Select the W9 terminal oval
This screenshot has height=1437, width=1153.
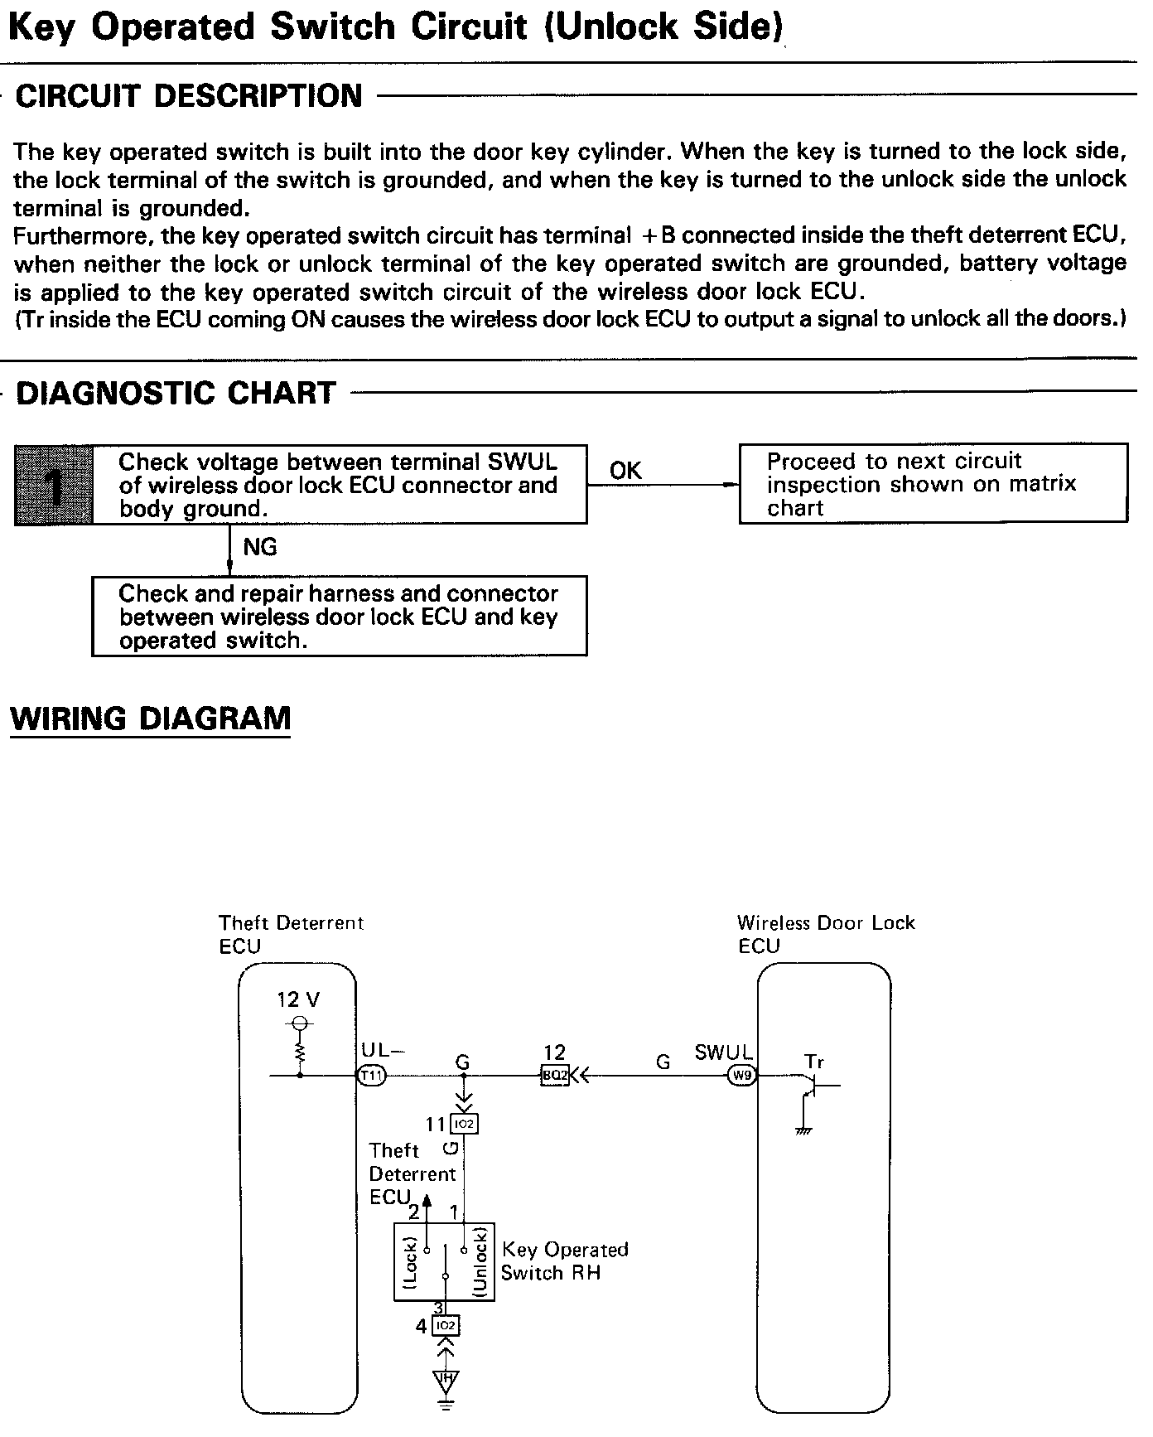(740, 1076)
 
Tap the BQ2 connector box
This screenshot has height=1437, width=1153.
(554, 1076)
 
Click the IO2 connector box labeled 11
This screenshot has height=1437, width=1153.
(464, 1124)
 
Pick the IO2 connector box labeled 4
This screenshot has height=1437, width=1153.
(446, 1326)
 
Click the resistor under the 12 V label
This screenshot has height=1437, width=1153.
(300, 1052)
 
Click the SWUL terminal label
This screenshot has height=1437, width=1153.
(723, 1052)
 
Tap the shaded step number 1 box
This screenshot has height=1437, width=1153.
(54, 485)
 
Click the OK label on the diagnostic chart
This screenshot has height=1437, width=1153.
(625, 471)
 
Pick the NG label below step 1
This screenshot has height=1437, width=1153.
(259, 547)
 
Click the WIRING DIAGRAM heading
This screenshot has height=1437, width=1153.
(150, 718)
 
